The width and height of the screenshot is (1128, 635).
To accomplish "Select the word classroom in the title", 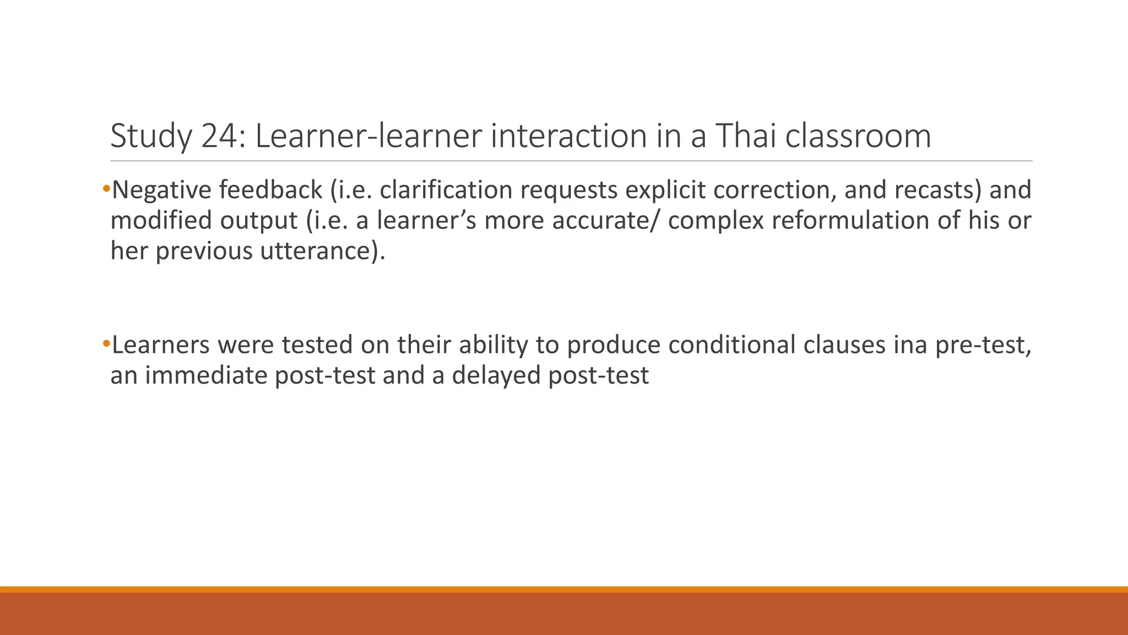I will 858,136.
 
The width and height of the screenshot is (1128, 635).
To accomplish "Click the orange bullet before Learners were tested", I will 106,345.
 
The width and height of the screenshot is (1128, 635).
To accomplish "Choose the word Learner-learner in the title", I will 368,136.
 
